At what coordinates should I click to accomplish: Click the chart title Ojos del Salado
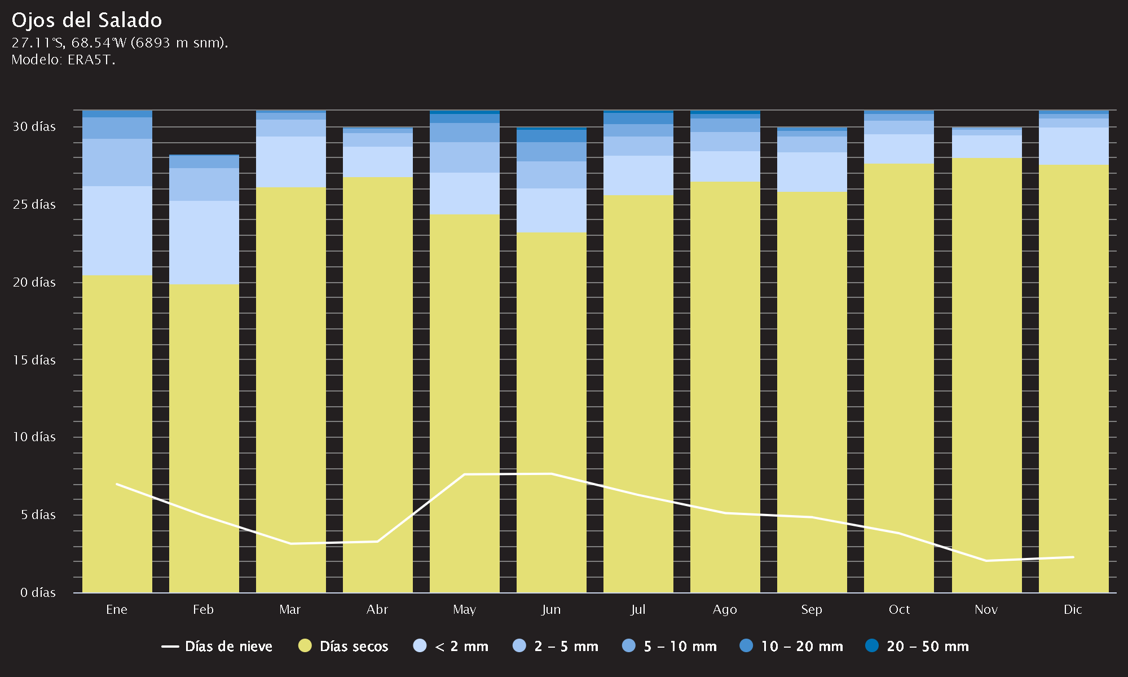[87, 20]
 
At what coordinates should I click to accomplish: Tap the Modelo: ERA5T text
[63, 60]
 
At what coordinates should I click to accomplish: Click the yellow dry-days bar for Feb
[204, 438]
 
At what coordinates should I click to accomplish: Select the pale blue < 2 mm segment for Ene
[117, 231]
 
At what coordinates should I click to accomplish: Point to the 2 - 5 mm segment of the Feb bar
[204, 184]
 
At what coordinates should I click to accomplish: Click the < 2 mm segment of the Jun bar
[552, 210]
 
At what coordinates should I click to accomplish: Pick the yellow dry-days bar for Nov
[987, 375]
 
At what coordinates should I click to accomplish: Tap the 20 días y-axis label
[34, 282]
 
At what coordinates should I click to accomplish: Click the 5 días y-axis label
[38, 515]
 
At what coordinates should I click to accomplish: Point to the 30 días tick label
[34, 126]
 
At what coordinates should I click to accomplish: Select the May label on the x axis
[464, 610]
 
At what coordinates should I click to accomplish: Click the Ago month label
[725, 610]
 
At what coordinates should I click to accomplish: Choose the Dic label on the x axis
[1073, 609]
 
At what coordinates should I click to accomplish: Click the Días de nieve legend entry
[217, 647]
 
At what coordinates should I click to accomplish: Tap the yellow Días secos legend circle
[305, 646]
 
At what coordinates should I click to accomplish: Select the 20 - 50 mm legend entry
[917, 647]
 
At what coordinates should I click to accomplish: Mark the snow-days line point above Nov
[986, 561]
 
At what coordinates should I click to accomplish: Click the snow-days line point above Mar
[290, 543]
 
